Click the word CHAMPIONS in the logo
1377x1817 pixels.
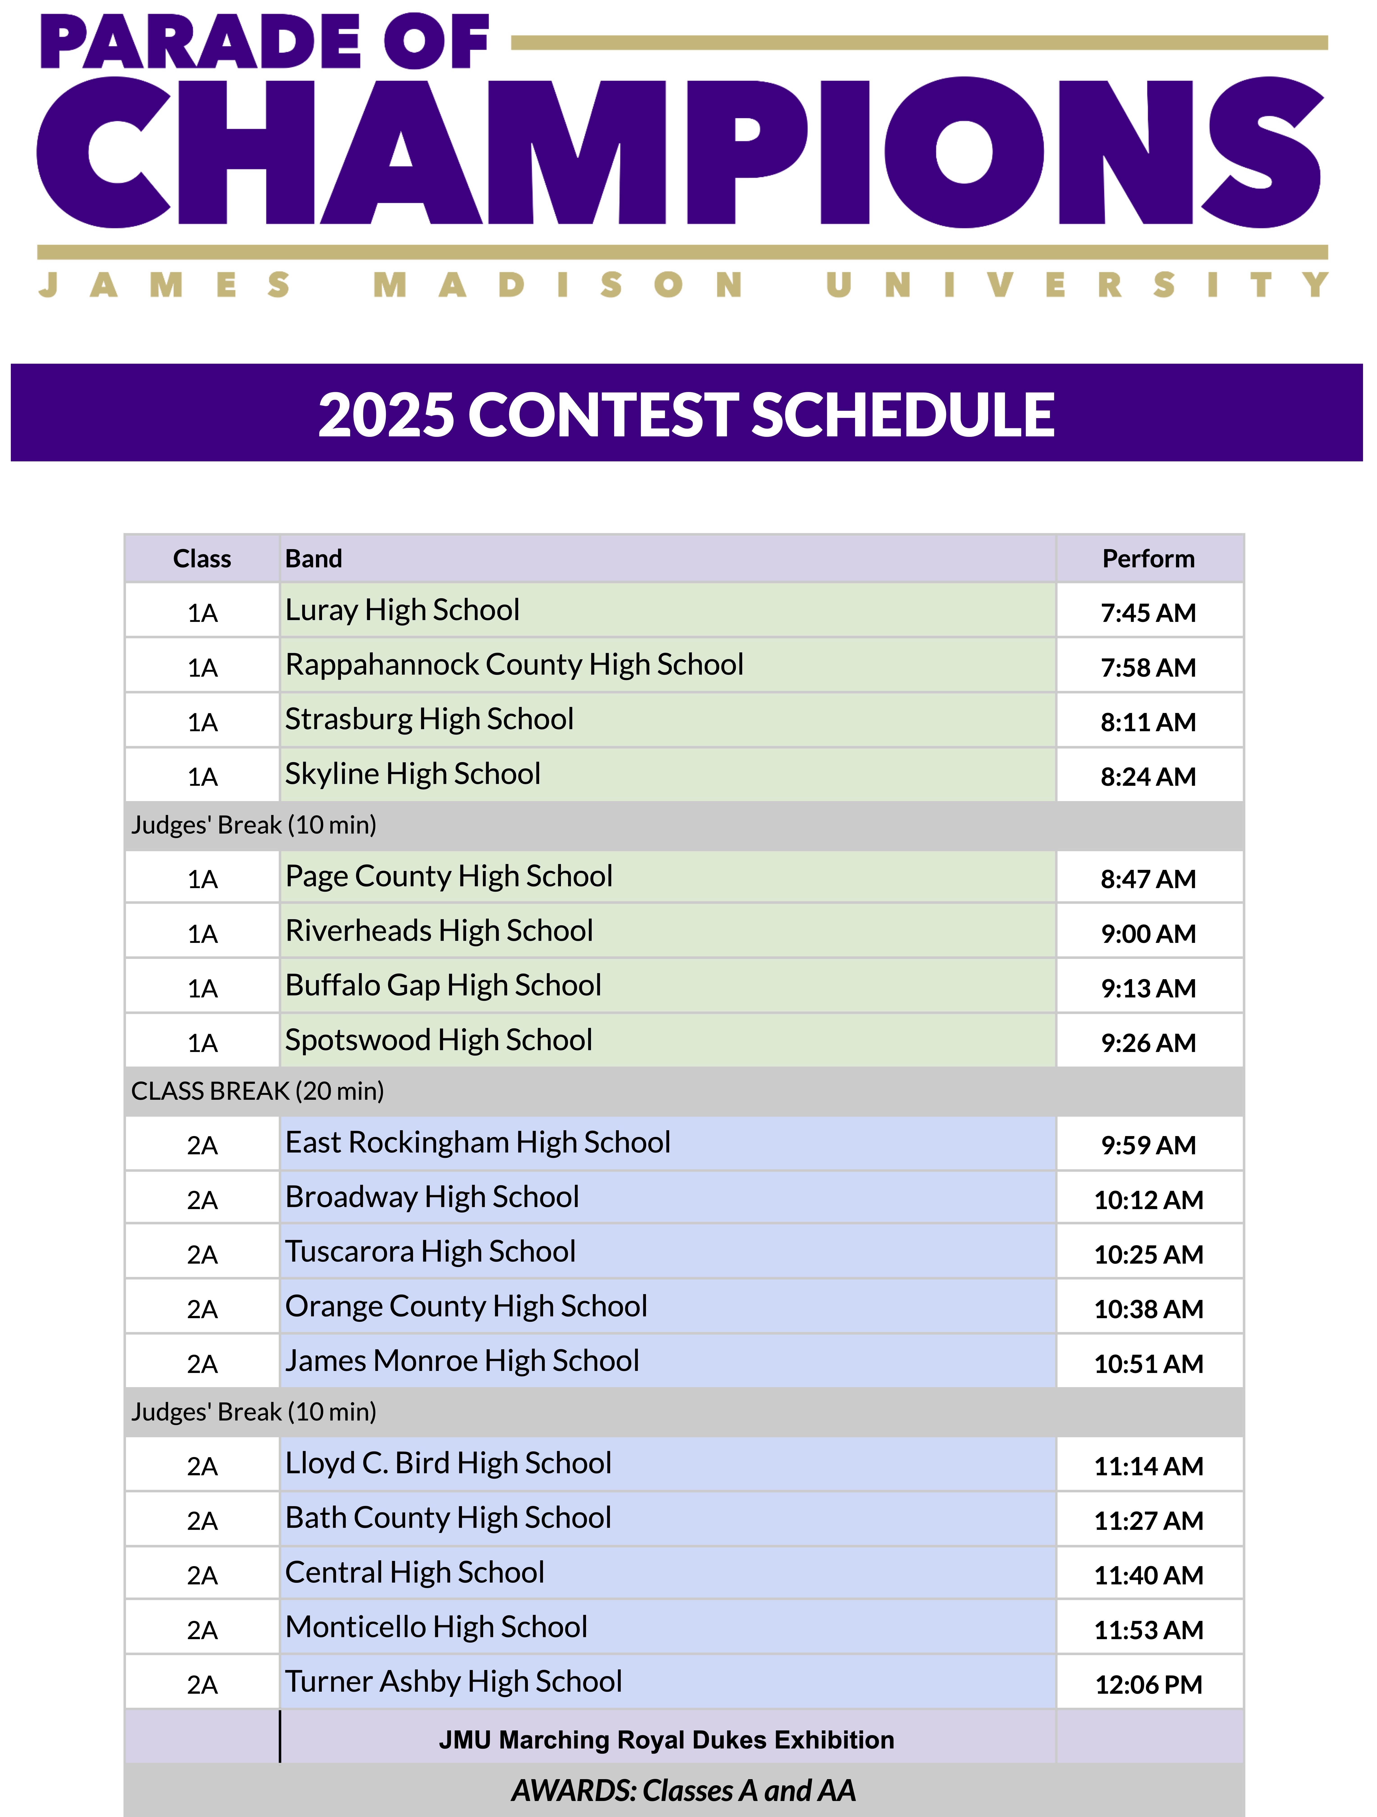pyautogui.click(x=680, y=153)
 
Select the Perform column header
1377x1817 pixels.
pyautogui.click(x=1148, y=559)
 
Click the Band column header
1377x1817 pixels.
pyautogui.click(x=314, y=559)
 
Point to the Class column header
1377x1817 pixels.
pyautogui.click(x=202, y=559)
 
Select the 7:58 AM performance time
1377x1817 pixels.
pyautogui.click(x=1148, y=667)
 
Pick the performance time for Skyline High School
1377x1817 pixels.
pyautogui.click(x=1148, y=776)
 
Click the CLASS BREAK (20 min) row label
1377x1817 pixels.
pyautogui.click(x=257, y=1091)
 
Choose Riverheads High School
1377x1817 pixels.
pyautogui.click(x=439, y=931)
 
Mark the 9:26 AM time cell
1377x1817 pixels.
pyautogui.click(x=1148, y=1043)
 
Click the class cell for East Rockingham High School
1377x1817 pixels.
pyautogui.click(x=202, y=1145)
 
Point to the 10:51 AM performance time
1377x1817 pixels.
pyautogui.click(x=1148, y=1363)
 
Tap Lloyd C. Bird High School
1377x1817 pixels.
pyautogui.click(x=448, y=1463)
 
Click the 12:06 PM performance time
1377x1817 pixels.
pyautogui.click(x=1148, y=1685)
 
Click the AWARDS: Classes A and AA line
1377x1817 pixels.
pyautogui.click(x=683, y=1790)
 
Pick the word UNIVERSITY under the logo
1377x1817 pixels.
pyautogui.click(x=1076, y=285)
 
